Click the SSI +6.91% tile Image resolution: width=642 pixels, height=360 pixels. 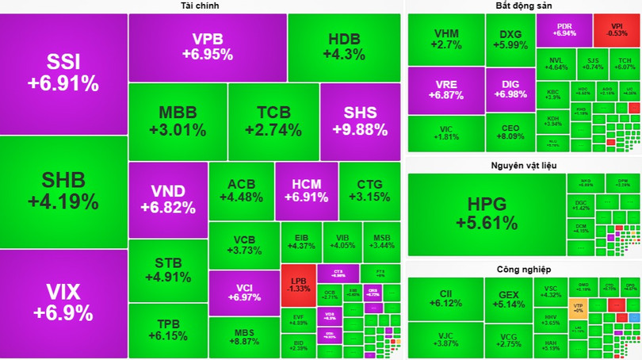[63, 73]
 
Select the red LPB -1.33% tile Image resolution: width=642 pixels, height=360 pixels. [300, 283]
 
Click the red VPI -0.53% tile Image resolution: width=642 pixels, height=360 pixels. [616, 29]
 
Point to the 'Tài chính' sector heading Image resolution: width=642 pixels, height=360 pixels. [200, 6]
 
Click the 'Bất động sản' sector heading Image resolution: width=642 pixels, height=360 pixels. [523, 6]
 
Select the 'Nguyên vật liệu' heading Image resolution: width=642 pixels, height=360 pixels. [523, 164]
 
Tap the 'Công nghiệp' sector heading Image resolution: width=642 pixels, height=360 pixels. [523, 270]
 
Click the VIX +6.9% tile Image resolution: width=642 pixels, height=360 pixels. [63, 304]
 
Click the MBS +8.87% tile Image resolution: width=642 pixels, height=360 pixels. [243, 337]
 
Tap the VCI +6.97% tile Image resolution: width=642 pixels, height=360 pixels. [243, 291]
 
